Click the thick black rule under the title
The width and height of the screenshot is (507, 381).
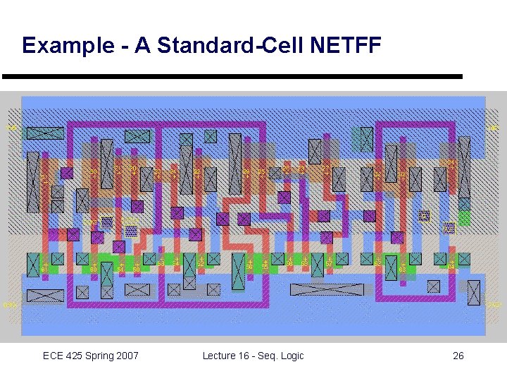point(232,76)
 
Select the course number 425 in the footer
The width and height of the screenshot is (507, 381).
point(76,356)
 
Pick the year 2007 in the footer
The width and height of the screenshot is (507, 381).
point(127,356)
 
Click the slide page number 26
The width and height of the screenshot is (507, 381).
point(458,356)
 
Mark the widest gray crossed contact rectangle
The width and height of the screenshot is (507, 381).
point(327,289)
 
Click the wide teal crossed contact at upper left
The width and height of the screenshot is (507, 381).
point(45,133)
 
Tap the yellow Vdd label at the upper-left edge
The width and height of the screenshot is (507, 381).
point(12,128)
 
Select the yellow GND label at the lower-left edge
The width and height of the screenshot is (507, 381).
point(9,305)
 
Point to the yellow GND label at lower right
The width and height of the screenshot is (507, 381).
point(495,305)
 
